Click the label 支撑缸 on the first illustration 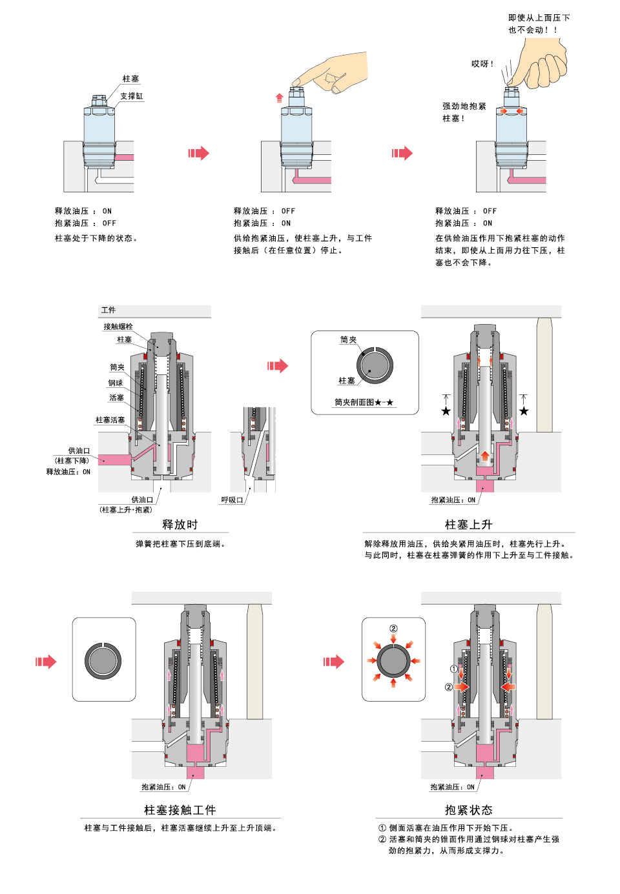(x=131, y=96)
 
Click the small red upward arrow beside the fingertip (x=280, y=98)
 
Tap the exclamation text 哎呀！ (x=482, y=64)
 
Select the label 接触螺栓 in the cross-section (x=118, y=327)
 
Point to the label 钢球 (x=116, y=383)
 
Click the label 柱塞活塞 (x=110, y=420)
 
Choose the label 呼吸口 (x=232, y=500)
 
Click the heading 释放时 (x=180, y=524)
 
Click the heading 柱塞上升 (x=468, y=524)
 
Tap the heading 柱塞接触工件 (x=180, y=809)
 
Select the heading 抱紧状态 (x=468, y=809)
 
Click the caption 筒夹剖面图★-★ (x=364, y=402)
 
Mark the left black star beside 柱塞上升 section (x=446, y=411)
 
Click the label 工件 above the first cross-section (x=108, y=310)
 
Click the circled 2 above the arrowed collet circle (x=393, y=629)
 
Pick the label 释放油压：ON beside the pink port (x=68, y=472)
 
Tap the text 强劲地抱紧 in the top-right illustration (x=464, y=107)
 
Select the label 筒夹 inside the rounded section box (x=348, y=340)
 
